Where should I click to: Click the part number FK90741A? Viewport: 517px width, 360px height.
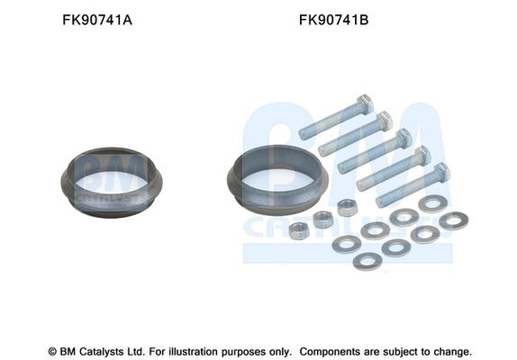(x=96, y=18)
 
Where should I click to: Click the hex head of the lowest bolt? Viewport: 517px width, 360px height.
(x=441, y=173)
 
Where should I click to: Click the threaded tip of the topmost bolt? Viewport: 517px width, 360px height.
(x=304, y=131)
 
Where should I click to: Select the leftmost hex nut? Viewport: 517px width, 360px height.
(x=299, y=230)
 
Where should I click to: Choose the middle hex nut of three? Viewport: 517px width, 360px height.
(x=322, y=219)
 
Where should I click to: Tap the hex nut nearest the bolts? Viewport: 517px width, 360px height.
(x=346, y=208)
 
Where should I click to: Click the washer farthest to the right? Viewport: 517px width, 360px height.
(x=453, y=220)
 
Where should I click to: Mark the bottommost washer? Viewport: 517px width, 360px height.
(x=367, y=261)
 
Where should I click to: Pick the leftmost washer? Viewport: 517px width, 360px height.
(x=346, y=244)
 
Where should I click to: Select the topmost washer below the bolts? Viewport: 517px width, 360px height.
(x=432, y=203)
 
